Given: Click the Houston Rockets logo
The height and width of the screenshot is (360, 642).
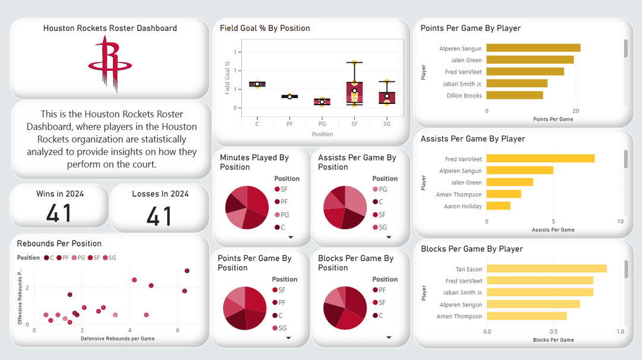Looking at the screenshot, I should (109, 64).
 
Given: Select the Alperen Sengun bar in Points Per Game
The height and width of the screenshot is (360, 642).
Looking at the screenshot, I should (533, 48).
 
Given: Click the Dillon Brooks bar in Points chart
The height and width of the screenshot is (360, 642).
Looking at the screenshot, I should (515, 95).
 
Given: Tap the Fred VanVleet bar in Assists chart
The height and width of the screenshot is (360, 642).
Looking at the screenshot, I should (540, 159).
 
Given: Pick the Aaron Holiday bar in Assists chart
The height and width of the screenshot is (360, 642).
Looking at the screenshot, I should (498, 206).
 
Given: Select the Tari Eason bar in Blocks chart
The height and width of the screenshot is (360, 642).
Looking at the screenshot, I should (546, 269).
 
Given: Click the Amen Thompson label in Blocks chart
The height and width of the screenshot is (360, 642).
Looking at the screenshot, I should (460, 316).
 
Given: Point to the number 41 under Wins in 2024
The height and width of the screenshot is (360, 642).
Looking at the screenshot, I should (59, 213).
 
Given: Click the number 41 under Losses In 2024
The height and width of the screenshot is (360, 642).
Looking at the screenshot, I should (159, 216).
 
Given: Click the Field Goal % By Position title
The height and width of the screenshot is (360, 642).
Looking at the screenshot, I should (265, 28).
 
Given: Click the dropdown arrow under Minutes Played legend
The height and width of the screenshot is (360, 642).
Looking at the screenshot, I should (291, 237).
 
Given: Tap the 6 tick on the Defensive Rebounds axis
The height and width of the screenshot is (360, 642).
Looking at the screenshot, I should (177, 330).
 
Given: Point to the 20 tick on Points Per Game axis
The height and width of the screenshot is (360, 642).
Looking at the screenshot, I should (575, 111).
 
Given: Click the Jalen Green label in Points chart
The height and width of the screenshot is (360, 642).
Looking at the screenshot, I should (467, 60).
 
